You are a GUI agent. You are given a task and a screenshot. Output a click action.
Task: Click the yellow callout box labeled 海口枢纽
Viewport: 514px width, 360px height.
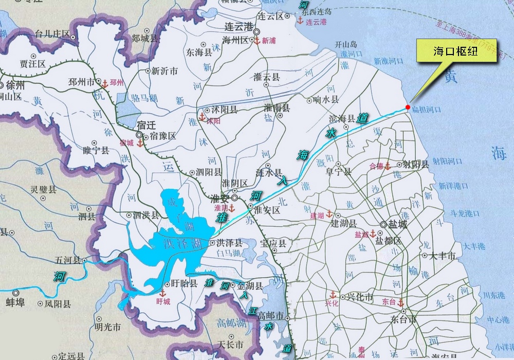(456, 51)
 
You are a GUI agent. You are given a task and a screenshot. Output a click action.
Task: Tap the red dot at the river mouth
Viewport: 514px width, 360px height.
(408, 107)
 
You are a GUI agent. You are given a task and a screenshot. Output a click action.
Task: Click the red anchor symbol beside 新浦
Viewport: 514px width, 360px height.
(257, 40)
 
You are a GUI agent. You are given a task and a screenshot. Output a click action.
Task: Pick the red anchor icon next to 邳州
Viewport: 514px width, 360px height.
(105, 83)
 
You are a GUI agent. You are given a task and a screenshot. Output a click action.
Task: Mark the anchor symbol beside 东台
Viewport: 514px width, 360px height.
(400, 302)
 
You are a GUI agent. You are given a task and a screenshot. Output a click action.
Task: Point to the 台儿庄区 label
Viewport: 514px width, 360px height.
(52, 34)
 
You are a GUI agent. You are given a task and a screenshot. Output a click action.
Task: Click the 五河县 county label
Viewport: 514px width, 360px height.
(68, 260)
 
